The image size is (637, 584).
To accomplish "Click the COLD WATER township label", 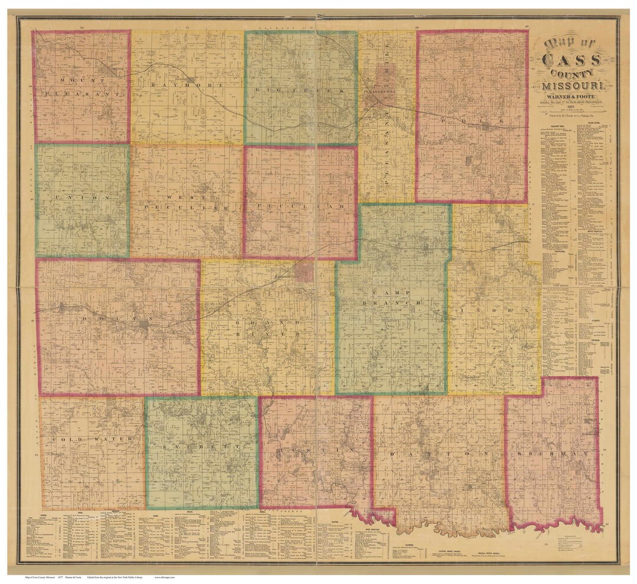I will coord(91,440).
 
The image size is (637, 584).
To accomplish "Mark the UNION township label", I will coord(82,199).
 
